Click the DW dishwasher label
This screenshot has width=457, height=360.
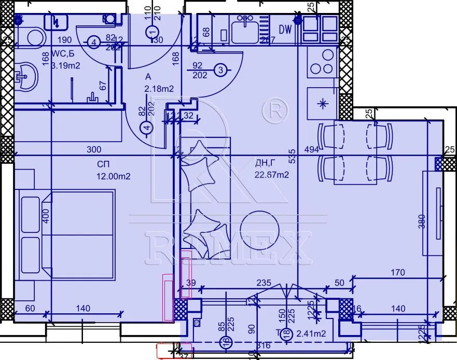285,30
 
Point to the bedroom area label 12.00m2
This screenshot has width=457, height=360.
113,176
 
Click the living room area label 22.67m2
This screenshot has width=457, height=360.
271,175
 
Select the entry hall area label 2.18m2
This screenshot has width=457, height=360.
159,89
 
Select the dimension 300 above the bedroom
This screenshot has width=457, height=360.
93,149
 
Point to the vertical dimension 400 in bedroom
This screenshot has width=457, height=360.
45,216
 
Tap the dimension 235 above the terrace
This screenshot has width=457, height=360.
264,283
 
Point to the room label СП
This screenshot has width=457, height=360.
103,164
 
